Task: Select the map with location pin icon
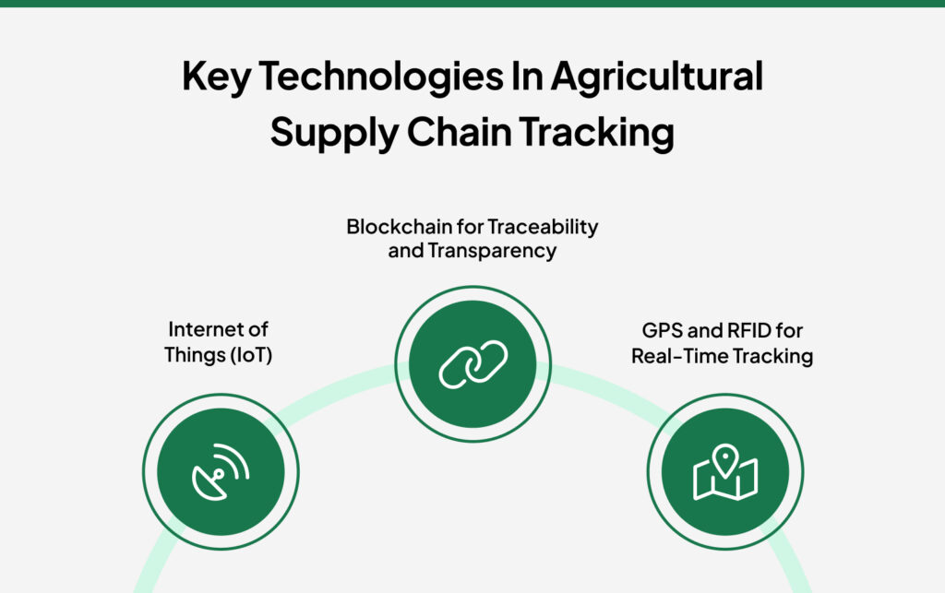point(725,472)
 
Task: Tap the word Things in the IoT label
point(192,355)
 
